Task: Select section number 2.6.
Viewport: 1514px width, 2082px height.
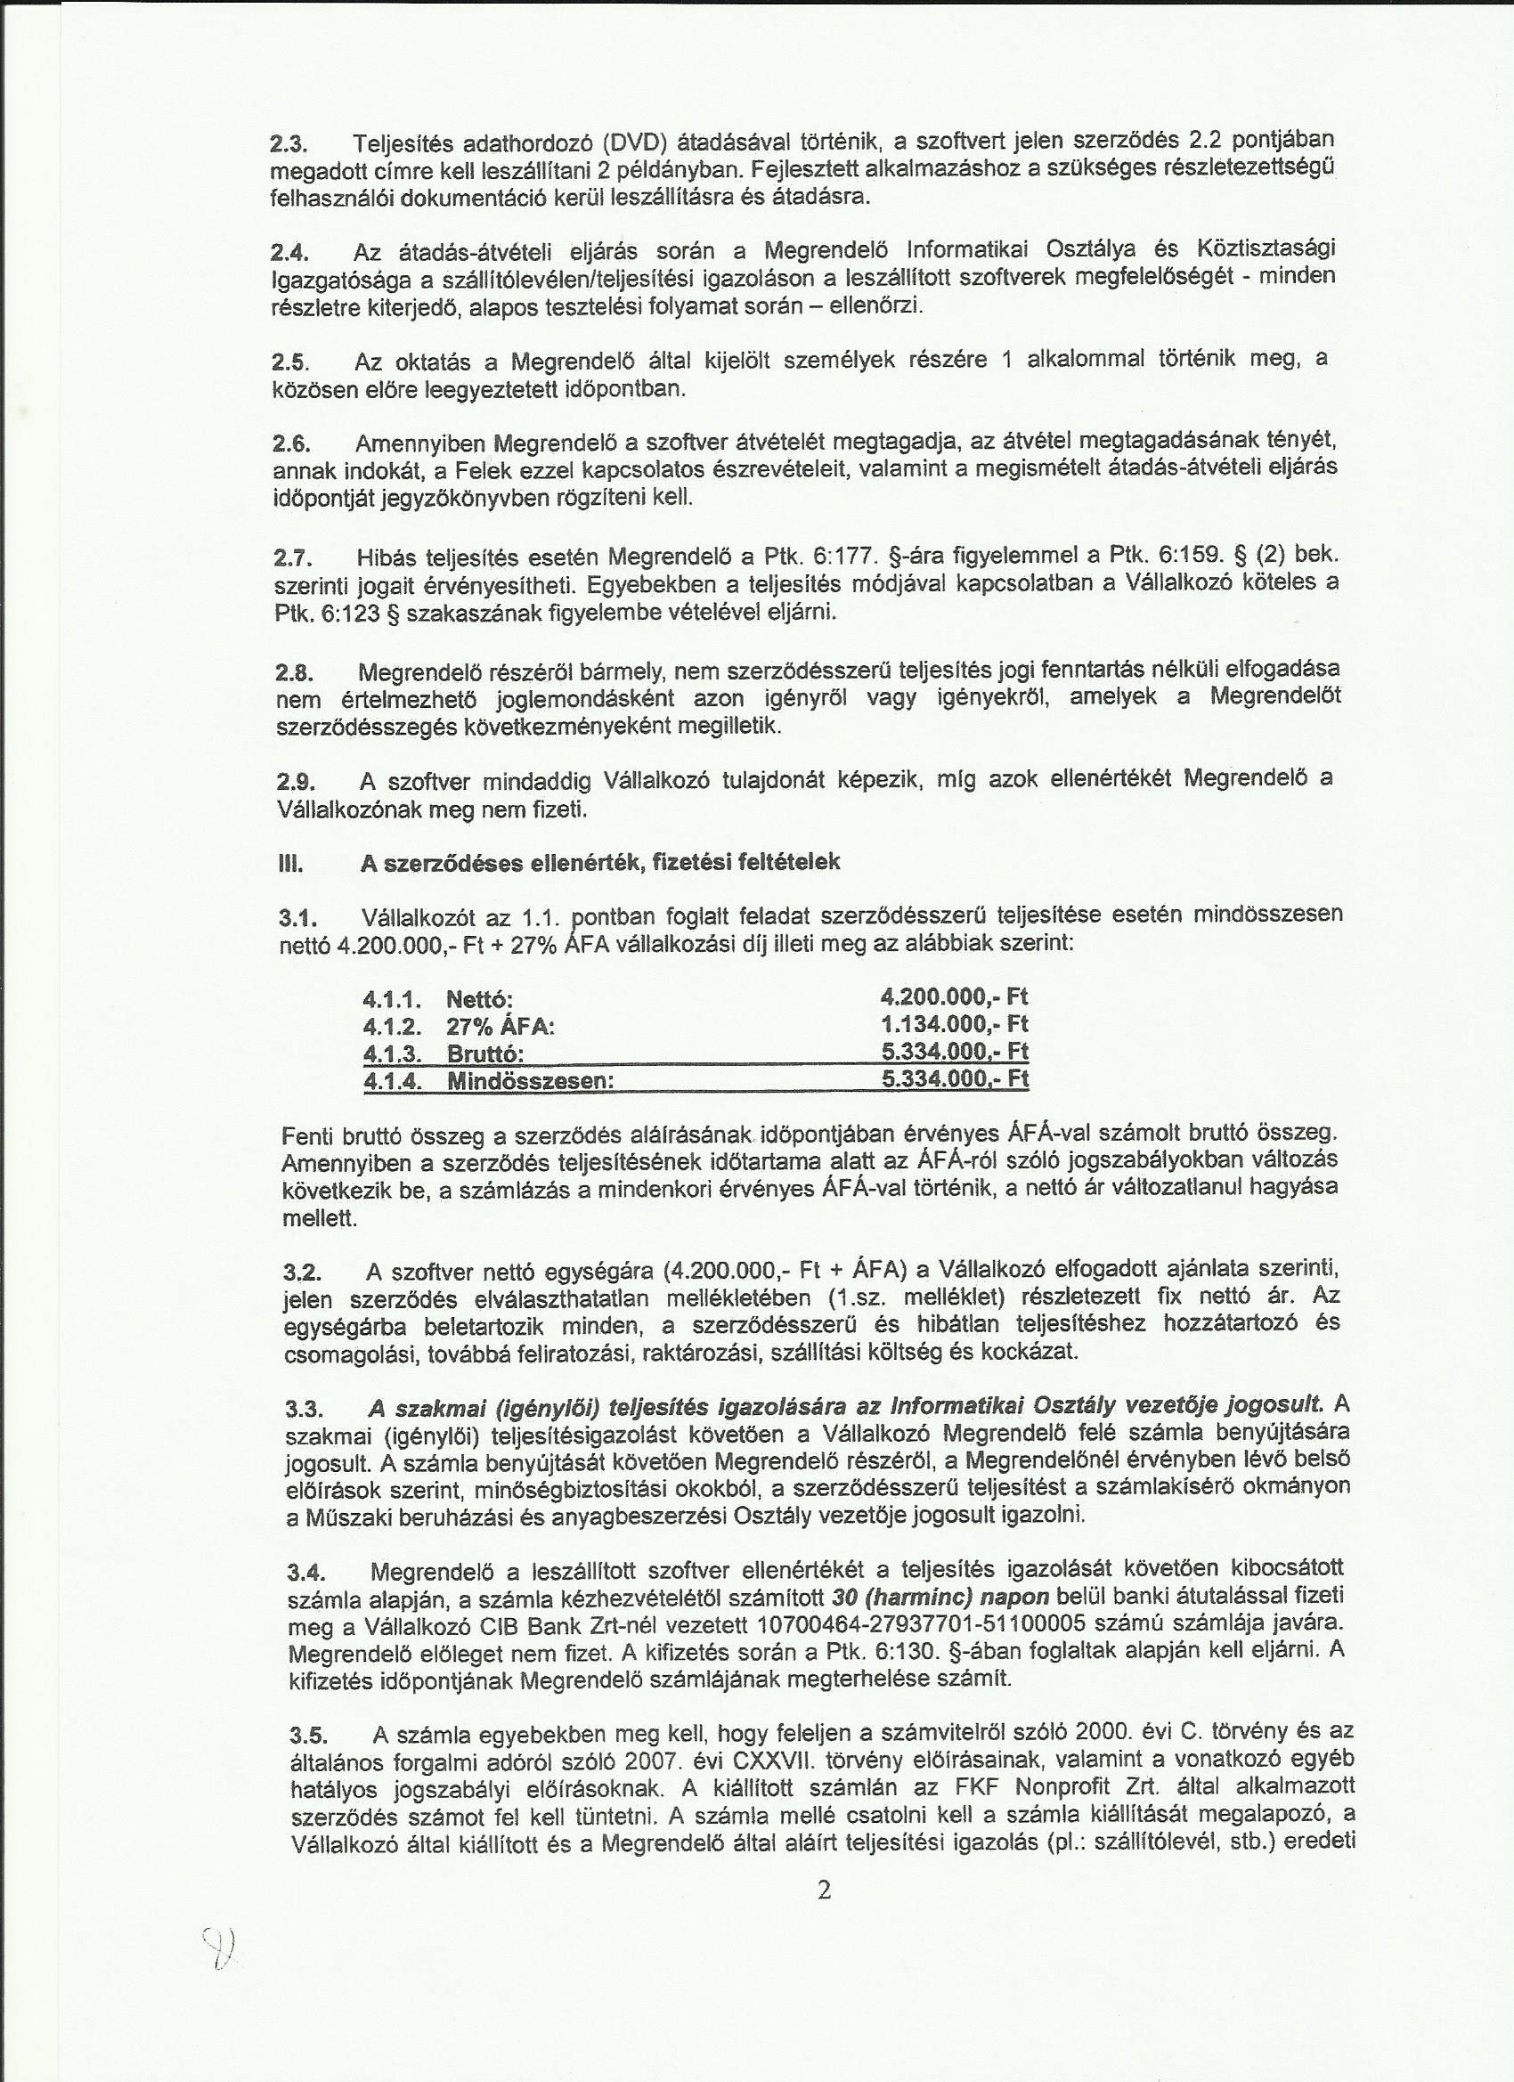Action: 293,444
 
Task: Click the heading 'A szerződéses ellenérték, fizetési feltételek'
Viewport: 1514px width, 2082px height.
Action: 600,863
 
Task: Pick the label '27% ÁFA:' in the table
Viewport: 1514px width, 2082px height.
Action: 501,1028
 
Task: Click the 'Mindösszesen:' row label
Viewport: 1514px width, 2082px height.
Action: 530,1081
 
